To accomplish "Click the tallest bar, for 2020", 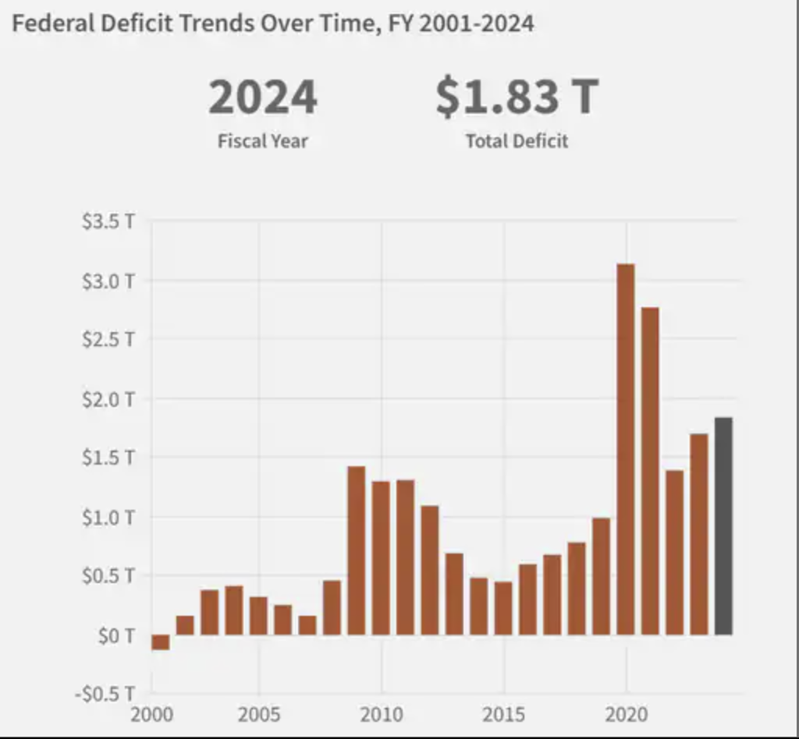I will tap(626, 449).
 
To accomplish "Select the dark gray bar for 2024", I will tap(723, 526).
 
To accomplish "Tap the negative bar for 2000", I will tap(161, 642).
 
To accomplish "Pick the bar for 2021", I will tap(650, 471).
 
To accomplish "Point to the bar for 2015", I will tap(503, 608).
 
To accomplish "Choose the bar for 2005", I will tap(259, 616).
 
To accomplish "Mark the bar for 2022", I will tap(675, 552).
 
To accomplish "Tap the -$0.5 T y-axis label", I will tap(105, 694).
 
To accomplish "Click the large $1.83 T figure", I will tap(517, 97).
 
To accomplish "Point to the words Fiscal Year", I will tap(263, 142).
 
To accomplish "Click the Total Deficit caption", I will tap(517, 142).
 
